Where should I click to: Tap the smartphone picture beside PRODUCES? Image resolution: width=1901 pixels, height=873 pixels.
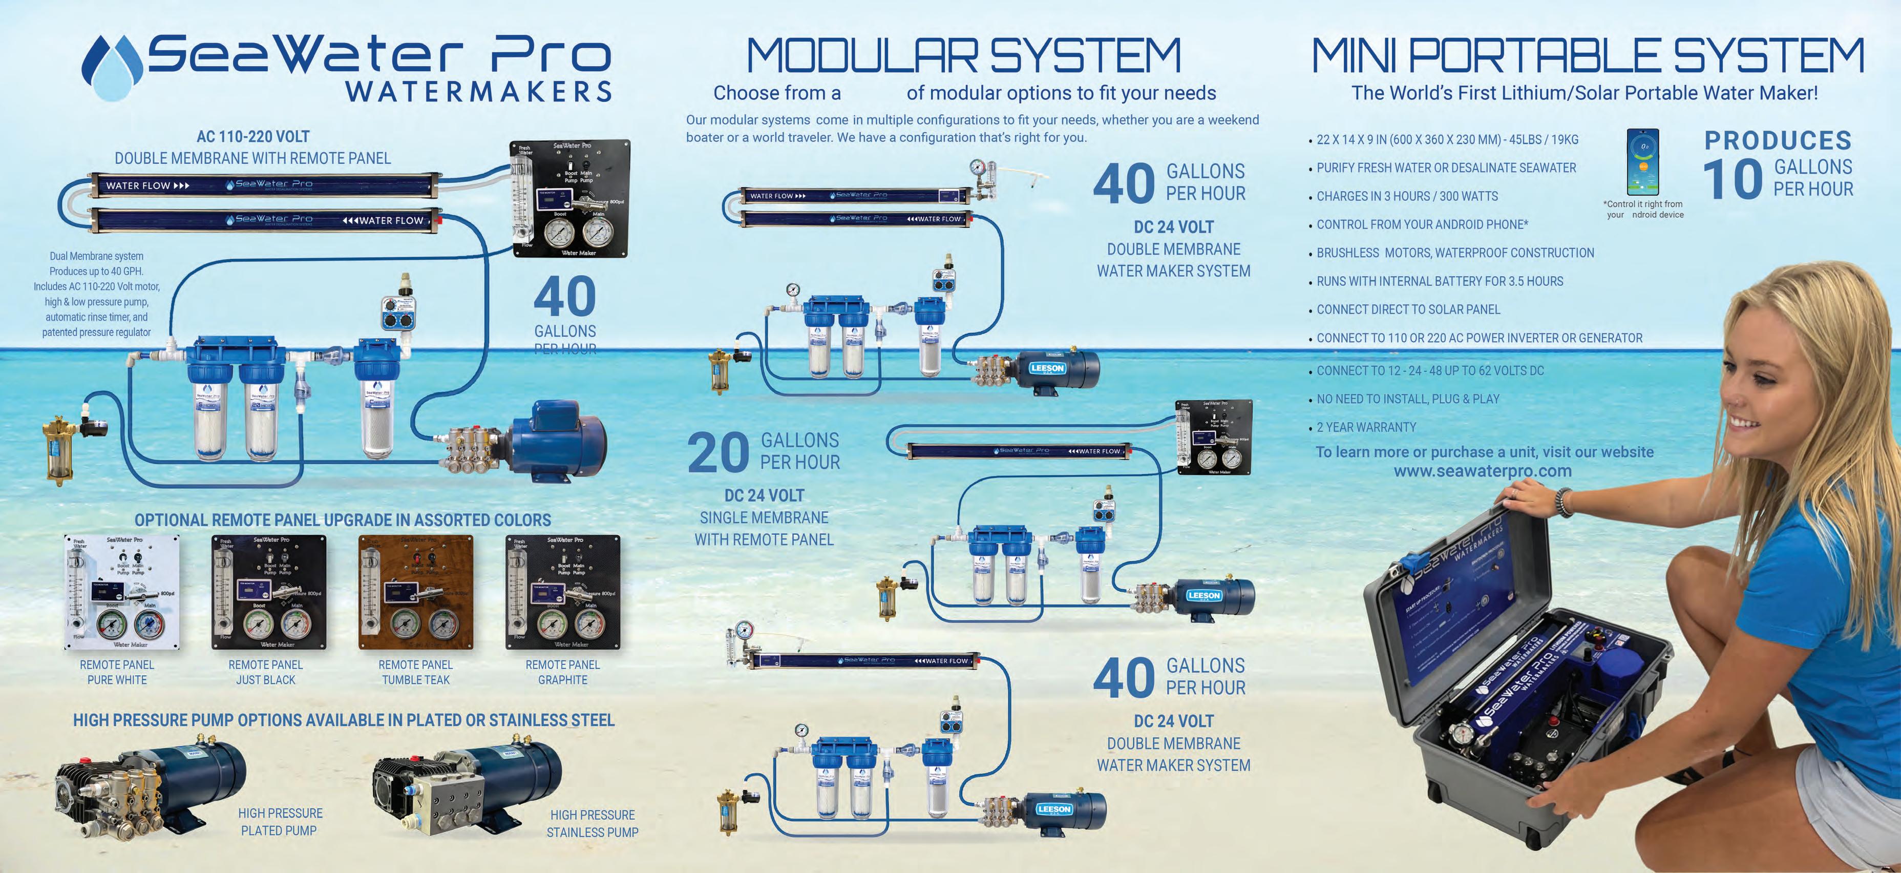coord(1643,161)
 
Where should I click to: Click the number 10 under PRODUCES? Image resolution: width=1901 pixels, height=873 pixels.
coord(1732,179)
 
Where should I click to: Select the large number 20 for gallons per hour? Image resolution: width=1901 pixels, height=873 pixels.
coord(717,452)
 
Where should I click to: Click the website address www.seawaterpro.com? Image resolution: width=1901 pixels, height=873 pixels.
coord(1482,471)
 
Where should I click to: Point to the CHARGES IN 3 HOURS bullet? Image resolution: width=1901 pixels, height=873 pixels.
coord(1407,196)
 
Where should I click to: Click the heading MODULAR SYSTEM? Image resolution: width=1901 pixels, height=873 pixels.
coord(964,56)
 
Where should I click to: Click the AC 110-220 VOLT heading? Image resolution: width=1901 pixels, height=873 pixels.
coord(252,136)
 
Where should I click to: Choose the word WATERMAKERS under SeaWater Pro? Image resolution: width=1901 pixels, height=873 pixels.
coord(479,92)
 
